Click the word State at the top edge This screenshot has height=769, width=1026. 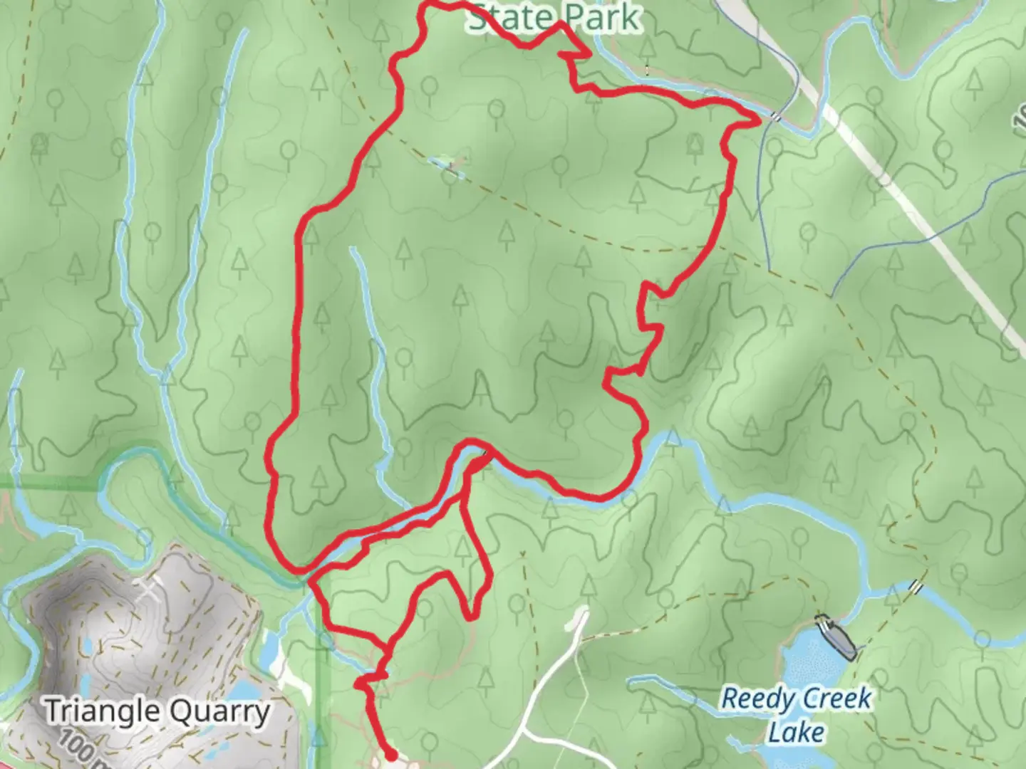coord(509,17)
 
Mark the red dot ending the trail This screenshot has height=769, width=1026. coord(390,755)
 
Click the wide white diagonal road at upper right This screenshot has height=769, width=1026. coord(926,221)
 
